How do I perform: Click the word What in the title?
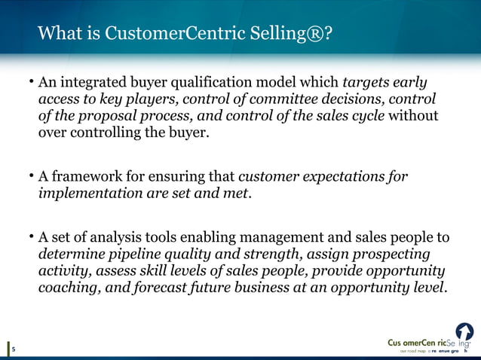59,34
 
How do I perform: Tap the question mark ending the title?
329,34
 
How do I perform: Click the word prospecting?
391,255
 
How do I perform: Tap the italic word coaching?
69,288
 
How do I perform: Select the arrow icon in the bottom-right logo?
464,331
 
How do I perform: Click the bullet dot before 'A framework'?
31,176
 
